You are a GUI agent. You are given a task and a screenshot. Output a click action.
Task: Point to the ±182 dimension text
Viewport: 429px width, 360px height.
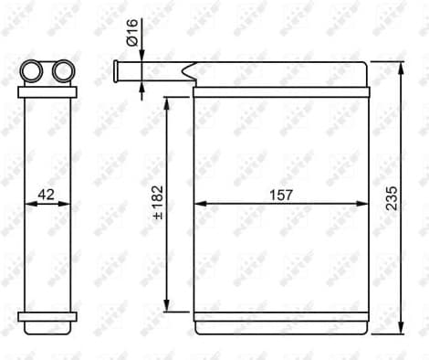pyautogui.click(x=156, y=205)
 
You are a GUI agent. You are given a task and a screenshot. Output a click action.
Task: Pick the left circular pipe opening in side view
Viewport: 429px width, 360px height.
pyautogui.click(x=33, y=69)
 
